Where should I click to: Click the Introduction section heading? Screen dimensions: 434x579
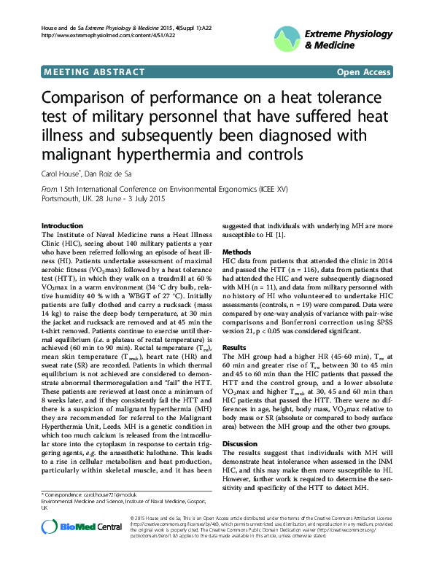[63, 226]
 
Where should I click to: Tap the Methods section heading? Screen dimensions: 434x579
[236, 251]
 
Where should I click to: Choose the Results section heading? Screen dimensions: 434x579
[234, 347]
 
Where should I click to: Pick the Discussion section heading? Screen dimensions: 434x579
[239, 443]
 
